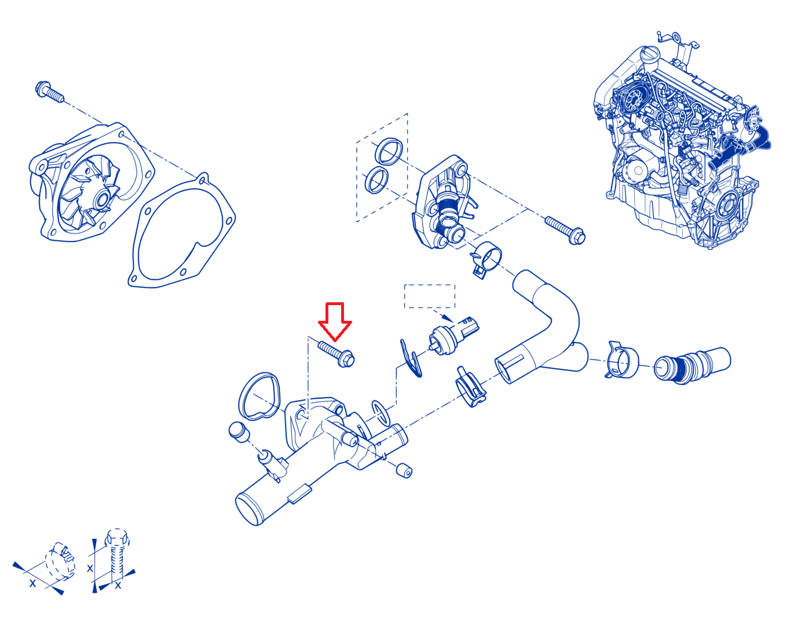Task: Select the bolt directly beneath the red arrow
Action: coord(336,354)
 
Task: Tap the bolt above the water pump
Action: coord(50,91)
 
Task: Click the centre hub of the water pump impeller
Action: coord(101,200)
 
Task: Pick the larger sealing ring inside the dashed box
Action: coord(389,152)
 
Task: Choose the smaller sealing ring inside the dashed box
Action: coord(376,180)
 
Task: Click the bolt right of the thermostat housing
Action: coord(565,230)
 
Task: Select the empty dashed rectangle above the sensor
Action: coord(429,296)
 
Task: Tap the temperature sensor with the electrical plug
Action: coord(453,335)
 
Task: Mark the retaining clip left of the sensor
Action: coord(410,358)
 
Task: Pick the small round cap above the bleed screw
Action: coord(239,431)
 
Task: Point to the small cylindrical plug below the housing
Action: coord(404,471)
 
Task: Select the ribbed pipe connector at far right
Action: coord(692,365)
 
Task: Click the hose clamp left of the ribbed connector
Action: coord(621,360)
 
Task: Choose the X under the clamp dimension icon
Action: coord(33,583)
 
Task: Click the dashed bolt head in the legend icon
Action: coord(117,538)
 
